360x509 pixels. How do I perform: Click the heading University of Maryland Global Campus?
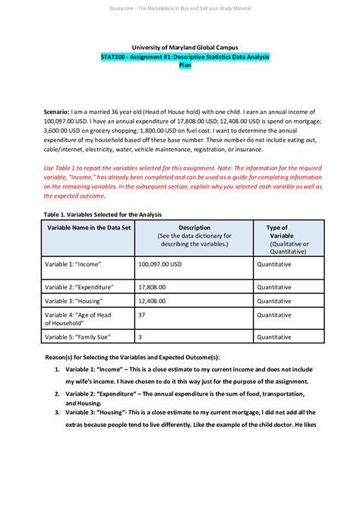click(x=185, y=48)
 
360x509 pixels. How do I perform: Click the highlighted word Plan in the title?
click(x=185, y=66)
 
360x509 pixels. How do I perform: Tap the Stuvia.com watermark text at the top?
click(x=180, y=8)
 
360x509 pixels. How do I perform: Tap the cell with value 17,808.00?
click(x=153, y=288)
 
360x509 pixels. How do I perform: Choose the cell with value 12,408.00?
click(x=153, y=302)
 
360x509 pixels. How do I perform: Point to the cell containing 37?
click(x=142, y=315)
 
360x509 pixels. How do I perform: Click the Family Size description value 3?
click(x=140, y=337)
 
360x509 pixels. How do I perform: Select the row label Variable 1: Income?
click(x=74, y=264)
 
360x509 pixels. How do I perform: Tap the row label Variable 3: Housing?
click(x=74, y=302)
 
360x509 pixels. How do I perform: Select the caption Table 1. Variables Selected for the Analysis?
click(x=102, y=214)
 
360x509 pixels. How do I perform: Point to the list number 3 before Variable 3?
click(x=57, y=412)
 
